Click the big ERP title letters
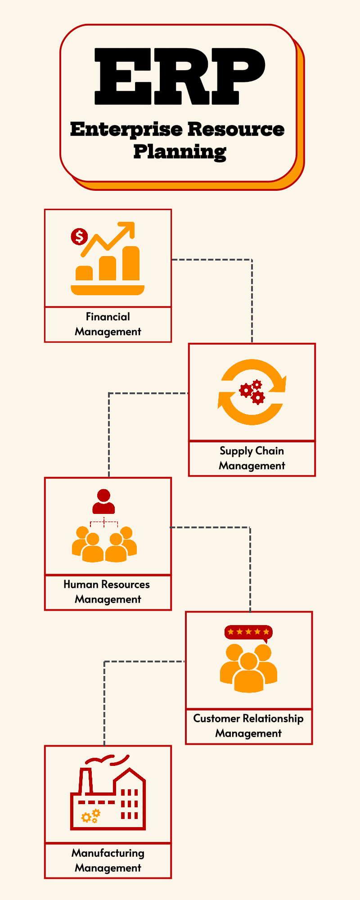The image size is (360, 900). pyautogui.click(x=180, y=76)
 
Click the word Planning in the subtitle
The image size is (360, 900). pyautogui.click(x=180, y=152)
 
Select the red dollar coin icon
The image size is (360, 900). pyautogui.click(x=80, y=236)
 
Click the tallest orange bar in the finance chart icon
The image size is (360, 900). pyautogui.click(x=131, y=263)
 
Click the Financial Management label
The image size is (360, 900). pyautogui.click(x=108, y=324)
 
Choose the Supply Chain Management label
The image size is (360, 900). pyautogui.click(x=252, y=458)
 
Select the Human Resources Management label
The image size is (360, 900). pyautogui.click(x=108, y=592)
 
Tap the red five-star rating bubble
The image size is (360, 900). pyautogui.click(x=248, y=632)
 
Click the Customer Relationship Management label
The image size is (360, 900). pyautogui.click(x=248, y=725)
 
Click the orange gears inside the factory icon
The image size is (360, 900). pyautogui.click(x=90, y=816)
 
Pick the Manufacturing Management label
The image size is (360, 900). pyautogui.click(x=108, y=860)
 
